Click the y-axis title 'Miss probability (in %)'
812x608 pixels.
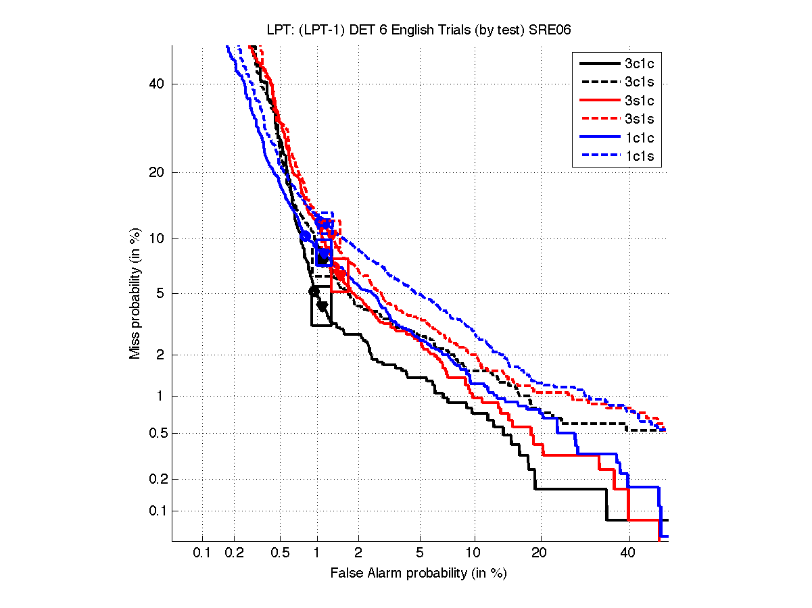tap(135, 293)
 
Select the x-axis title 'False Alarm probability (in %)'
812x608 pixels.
tap(419, 573)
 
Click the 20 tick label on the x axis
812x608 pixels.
tap(539, 553)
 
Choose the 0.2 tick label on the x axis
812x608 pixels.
tap(235, 553)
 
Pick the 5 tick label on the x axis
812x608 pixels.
tap(420, 553)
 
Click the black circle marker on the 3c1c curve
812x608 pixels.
tap(314, 291)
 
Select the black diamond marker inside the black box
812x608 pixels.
tap(322, 306)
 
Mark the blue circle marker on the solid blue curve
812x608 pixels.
tap(305, 236)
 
